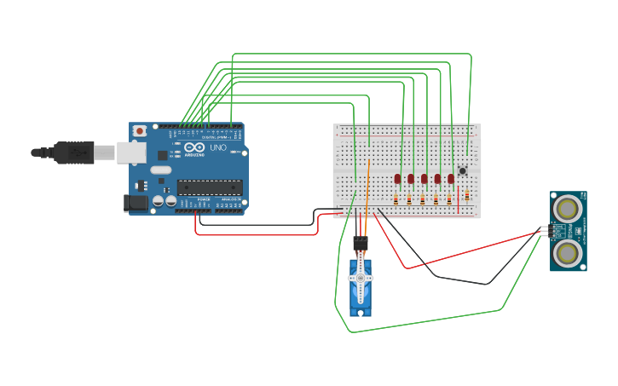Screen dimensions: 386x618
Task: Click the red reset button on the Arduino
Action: [x=139, y=130]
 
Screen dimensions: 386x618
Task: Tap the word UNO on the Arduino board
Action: [x=218, y=147]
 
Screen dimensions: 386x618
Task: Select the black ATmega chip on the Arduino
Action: [x=210, y=187]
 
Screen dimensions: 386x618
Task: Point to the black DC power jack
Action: [x=135, y=203]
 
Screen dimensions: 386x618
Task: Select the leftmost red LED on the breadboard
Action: [x=397, y=179]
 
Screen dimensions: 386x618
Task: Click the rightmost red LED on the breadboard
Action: [x=451, y=179]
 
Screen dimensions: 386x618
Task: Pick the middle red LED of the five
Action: [x=425, y=179]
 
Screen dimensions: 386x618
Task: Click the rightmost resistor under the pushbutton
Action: [x=466, y=196]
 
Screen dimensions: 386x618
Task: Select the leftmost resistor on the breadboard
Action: [x=396, y=199]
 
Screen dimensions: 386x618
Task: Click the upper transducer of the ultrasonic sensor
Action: [x=567, y=208]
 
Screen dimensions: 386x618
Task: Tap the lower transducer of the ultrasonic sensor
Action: [x=567, y=253]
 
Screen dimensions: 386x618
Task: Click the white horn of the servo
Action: [x=360, y=279]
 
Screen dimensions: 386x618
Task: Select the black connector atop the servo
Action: [x=360, y=244]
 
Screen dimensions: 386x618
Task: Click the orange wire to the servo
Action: [x=367, y=196]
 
